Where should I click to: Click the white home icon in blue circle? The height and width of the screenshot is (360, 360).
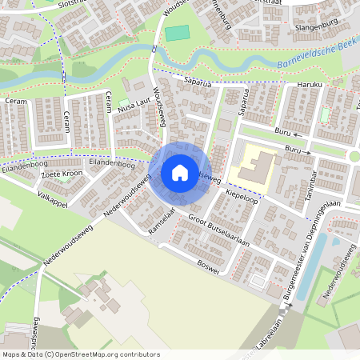(x=180, y=173)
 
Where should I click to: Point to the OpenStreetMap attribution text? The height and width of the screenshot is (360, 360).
(x=81, y=354)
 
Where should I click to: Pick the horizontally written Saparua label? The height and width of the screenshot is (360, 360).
(x=196, y=81)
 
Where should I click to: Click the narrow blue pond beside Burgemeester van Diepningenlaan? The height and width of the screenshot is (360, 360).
(x=311, y=254)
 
